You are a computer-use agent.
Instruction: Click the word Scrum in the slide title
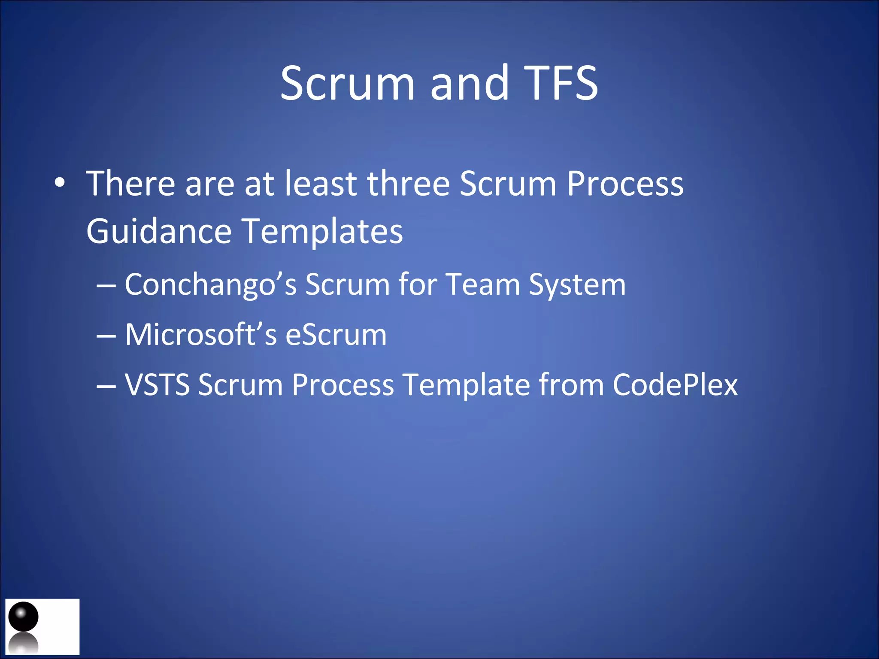pos(347,83)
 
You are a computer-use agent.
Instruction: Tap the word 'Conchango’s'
pos(211,285)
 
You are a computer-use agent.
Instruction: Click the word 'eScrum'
pos(336,334)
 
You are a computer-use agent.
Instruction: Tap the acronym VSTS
pos(157,384)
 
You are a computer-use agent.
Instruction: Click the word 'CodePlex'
pos(675,384)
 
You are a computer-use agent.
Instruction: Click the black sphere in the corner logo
pos(24,617)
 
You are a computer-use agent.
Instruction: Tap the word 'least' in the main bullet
pos(321,184)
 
